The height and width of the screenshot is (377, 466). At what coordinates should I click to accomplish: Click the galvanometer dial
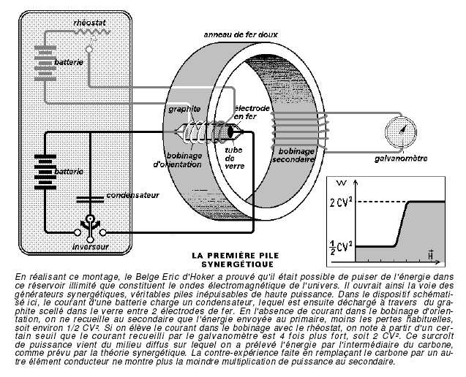point(401,132)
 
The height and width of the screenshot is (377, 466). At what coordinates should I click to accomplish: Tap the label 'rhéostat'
point(89,23)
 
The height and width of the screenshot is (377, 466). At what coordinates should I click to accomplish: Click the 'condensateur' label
point(133,195)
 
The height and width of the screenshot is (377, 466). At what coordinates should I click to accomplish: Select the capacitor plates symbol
point(90,199)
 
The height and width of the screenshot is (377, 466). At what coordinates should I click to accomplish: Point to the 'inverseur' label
point(91,247)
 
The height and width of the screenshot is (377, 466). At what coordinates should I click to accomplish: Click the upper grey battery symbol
point(45,64)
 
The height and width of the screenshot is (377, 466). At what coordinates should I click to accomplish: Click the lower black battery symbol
point(45,172)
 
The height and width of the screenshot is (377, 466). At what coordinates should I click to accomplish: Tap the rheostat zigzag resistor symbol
point(92,32)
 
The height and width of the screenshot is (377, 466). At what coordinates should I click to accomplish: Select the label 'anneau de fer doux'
point(241,35)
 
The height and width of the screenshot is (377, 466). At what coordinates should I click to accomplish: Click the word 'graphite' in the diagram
point(184,110)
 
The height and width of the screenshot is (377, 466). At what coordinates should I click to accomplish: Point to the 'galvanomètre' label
point(401,159)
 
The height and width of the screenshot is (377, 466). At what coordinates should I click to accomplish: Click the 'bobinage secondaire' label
point(293,155)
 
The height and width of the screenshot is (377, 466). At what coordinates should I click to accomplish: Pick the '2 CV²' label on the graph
point(341,202)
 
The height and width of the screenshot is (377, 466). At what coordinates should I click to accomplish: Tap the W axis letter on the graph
point(342,183)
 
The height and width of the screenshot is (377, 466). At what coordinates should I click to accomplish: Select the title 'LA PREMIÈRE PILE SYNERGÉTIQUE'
point(236,260)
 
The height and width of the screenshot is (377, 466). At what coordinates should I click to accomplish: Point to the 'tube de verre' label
point(235,158)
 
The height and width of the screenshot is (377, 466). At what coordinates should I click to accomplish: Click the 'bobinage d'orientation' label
point(178,160)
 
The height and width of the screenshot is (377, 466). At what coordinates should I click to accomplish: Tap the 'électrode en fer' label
point(252,113)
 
